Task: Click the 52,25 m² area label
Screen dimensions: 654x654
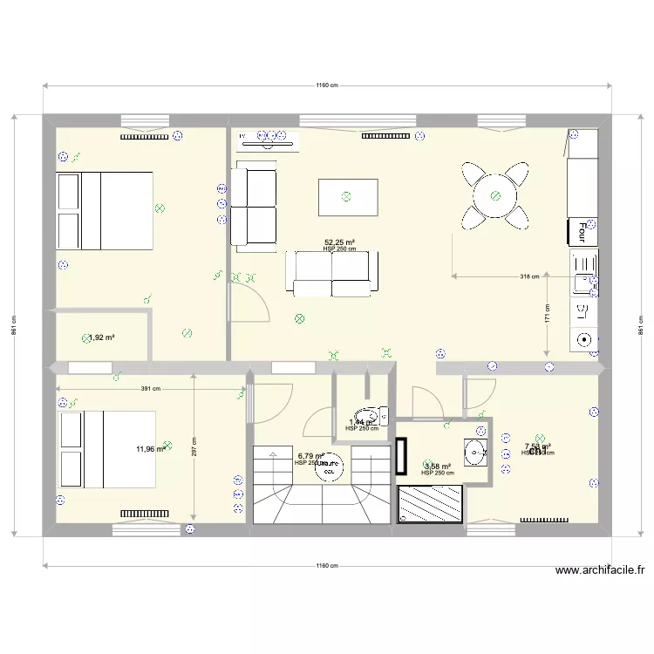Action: coord(339,242)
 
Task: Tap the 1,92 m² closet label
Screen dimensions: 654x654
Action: coord(103,337)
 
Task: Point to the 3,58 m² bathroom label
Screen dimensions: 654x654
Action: coord(437,467)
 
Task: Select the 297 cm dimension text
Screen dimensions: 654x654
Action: coord(194,446)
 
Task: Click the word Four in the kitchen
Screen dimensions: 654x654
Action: coord(582,230)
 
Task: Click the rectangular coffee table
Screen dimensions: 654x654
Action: coord(348,196)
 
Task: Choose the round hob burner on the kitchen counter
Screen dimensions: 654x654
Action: coord(583,339)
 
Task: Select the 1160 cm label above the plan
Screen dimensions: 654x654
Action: coord(327,85)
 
